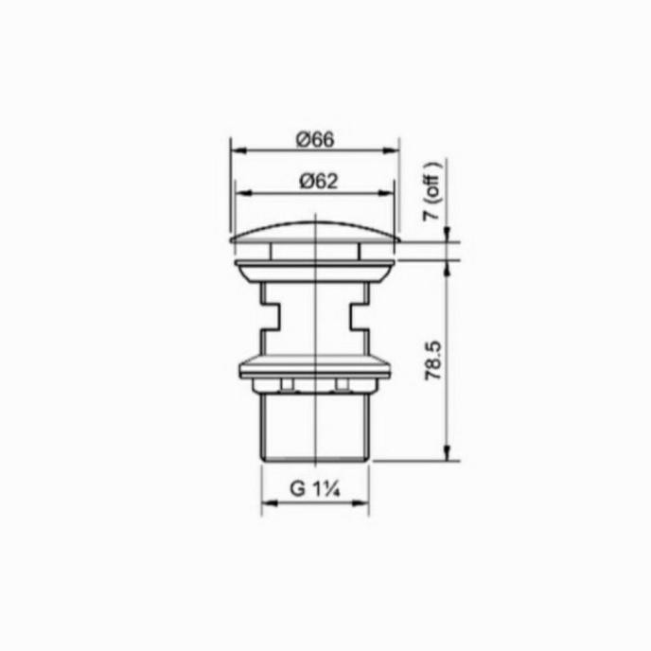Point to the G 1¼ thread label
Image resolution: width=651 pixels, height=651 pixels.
tap(315, 489)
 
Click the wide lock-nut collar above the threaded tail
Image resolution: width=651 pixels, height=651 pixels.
tap(314, 365)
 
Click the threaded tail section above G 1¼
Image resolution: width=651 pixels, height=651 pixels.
tap(314, 426)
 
